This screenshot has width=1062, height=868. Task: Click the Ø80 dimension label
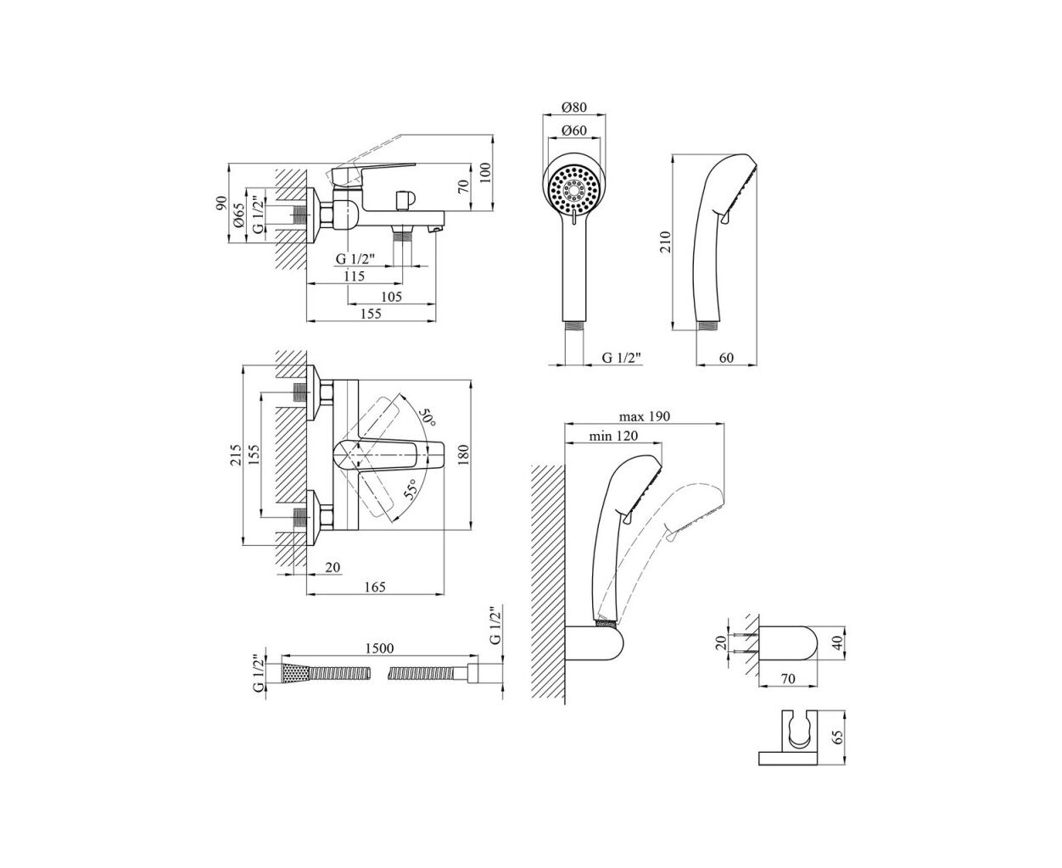click(x=574, y=108)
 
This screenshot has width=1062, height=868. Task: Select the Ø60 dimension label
click(x=574, y=131)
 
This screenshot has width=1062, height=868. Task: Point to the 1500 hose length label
click(x=378, y=648)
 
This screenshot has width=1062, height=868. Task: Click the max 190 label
click(x=645, y=416)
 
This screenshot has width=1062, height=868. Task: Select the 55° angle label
click(x=411, y=490)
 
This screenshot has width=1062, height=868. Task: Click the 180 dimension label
click(x=463, y=455)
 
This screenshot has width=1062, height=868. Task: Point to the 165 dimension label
click(x=374, y=587)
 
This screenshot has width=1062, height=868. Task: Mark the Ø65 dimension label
click(x=240, y=217)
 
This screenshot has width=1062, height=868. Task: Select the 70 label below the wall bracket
click(x=789, y=678)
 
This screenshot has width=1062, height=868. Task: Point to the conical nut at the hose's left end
click(x=292, y=674)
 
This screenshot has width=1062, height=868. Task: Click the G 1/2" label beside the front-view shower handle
click(x=623, y=358)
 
